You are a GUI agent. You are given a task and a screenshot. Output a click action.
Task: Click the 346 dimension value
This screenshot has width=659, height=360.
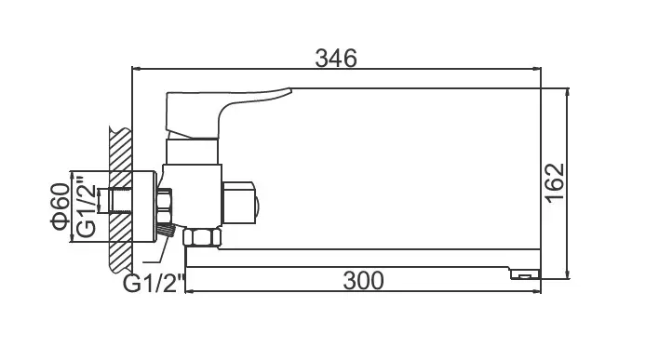(x=336, y=58)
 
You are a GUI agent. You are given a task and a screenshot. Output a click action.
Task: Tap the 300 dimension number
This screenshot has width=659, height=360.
(x=363, y=281)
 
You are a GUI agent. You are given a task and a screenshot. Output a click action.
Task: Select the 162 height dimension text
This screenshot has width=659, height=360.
(x=555, y=183)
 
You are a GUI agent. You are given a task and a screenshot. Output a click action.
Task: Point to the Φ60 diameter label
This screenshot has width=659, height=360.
(x=61, y=207)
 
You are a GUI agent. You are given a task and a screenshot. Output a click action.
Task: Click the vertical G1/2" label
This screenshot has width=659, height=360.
(x=87, y=206)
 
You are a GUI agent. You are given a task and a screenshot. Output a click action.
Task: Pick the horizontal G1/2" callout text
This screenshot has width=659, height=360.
(x=154, y=283)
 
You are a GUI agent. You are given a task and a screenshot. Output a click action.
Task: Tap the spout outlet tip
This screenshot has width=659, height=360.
(x=525, y=274)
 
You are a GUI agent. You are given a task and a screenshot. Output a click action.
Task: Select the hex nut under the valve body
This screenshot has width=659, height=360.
(x=202, y=237)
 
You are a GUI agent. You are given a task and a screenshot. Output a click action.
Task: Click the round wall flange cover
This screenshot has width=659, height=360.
(x=144, y=207)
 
